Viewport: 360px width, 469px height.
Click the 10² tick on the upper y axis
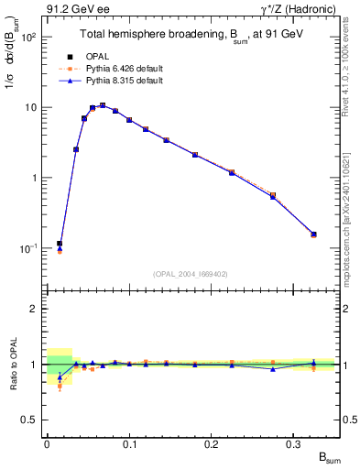[31, 37]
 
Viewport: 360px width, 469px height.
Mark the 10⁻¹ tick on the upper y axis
[31, 248]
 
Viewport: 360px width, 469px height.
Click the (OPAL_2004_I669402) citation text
[191, 274]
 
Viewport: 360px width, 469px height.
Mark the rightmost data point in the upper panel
[314, 234]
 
